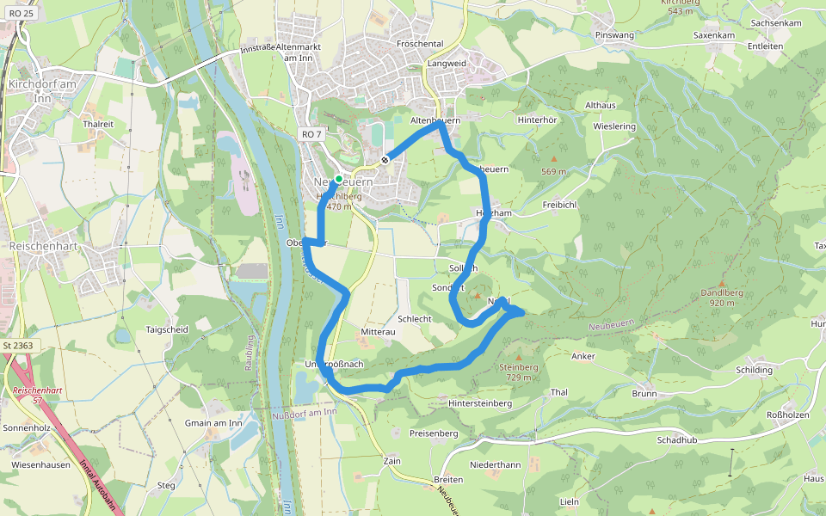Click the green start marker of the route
pos(339,179)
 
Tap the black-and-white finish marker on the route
pos(385,159)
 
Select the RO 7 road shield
pos(311,134)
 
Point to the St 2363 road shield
pos(17,346)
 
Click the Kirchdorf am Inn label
pos(40,90)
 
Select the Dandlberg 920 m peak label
pos(723,297)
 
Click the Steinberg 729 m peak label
pos(519,372)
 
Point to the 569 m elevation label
pos(553,171)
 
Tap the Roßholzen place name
pos(787,415)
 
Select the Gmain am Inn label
pos(213,423)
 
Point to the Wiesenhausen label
pos(40,464)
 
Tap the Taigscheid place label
pos(167,329)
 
